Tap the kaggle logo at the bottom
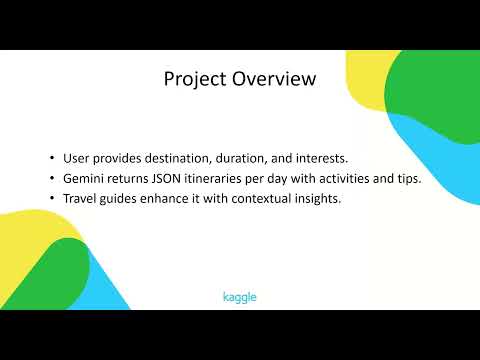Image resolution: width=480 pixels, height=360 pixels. pyautogui.click(x=240, y=297)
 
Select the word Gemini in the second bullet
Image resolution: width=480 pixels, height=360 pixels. pyautogui.click(x=84, y=178)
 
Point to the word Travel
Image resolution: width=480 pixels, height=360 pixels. pyautogui.click(x=80, y=198)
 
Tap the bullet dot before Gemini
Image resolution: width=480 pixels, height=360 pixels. pyautogui.click(x=51, y=178)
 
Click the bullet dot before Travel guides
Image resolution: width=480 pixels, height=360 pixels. pyautogui.click(x=51, y=198)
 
